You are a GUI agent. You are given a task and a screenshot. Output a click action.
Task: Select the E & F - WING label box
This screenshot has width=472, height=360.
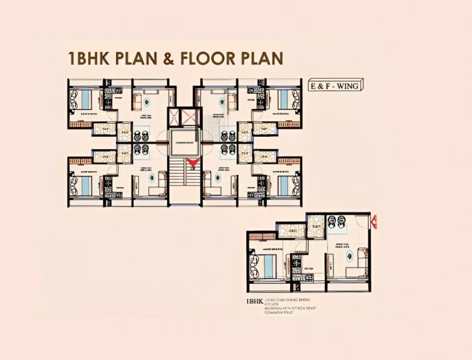[x=334, y=86]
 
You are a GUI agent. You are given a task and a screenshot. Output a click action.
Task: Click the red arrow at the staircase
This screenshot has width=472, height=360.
[x=194, y=162]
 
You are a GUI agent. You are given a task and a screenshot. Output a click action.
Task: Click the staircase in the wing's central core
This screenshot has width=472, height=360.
[x=177, y=179]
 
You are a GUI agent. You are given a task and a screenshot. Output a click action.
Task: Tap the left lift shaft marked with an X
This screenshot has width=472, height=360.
[x=176, y=117]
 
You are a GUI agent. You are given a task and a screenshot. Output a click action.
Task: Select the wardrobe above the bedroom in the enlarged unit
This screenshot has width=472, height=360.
[x=262, y=236]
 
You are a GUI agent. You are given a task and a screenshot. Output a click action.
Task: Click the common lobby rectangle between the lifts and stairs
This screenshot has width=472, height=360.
[x=184, y=142]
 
